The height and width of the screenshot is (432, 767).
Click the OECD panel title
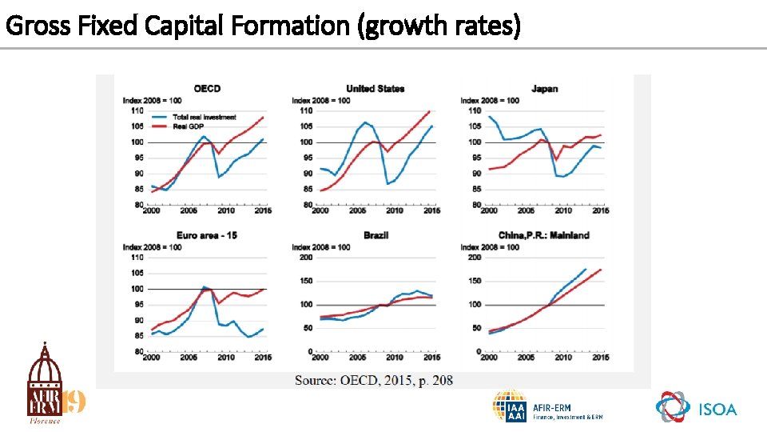[x=207, y=89]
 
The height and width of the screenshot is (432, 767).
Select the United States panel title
[x=375, y=89]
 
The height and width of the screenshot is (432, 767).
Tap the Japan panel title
[x=544, y=89]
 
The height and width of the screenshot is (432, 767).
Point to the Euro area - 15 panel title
[x=208, y=235]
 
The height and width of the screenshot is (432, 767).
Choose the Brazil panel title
[x=376, y=235]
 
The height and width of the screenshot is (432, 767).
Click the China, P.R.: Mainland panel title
[x=544, y=235]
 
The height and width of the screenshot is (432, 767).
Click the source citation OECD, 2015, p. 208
[x=373, y=380]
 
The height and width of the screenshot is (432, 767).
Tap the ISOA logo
[x=696, y=408]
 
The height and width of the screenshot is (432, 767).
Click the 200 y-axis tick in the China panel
[x=474, y=258]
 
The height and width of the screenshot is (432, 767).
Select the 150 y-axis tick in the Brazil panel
[x=305, y=281]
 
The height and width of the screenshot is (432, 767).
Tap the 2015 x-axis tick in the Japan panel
[x=600, y=210]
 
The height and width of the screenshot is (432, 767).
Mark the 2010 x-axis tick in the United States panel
[x=394, y=210]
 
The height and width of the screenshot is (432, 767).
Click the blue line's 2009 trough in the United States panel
[x=388, y=184]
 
